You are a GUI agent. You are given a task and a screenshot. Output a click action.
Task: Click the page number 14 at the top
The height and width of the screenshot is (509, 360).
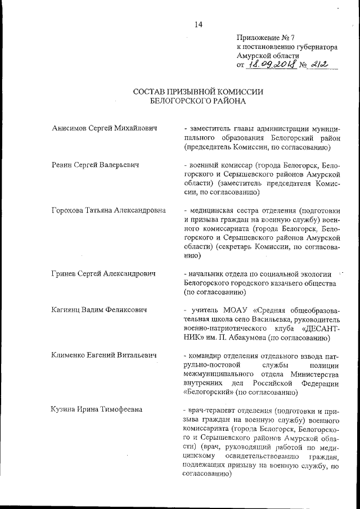click(x=198, y=24)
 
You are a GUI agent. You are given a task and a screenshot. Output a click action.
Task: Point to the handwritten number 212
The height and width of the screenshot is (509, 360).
click(x=322, y=66)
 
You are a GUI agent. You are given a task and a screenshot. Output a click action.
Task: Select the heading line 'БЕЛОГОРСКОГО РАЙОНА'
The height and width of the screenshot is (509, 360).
click(x=198, y=102)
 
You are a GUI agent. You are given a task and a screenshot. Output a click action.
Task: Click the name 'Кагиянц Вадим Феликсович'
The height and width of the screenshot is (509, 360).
click(x=98, y=310)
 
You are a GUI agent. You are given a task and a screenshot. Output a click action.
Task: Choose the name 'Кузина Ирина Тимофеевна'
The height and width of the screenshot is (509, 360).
click(x=96, y=410)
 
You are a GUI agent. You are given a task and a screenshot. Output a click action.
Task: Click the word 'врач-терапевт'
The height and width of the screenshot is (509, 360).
click(x=211, y=410)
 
